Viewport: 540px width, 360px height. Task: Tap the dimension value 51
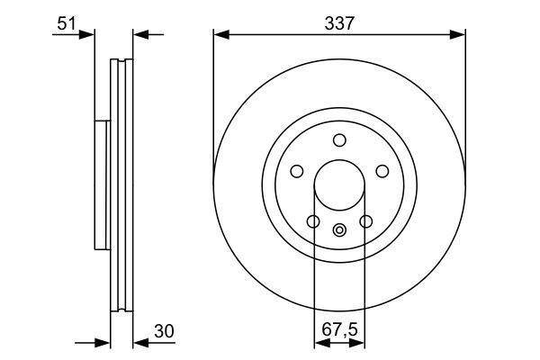tap(64, 23)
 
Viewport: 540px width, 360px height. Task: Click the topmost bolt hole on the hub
tap(339, 139)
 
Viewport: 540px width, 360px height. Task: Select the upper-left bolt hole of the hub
tap(296, 171)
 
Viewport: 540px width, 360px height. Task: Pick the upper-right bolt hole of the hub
tap(382, 171)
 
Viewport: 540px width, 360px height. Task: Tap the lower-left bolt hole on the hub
tap(312, 221)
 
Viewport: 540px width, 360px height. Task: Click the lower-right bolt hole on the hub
tap(366, 221)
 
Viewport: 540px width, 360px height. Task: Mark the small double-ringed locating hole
tap(339, 229)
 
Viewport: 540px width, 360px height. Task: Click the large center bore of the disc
tap(339, 185)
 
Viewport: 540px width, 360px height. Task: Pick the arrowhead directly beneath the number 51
tap(87, 35)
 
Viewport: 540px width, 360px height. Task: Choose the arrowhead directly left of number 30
tap(140, 343)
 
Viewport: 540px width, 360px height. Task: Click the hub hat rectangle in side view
tap(101, 185)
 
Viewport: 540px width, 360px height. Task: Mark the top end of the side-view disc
tap(121, 61)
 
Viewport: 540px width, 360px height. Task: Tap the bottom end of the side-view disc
tap(121, 310)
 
